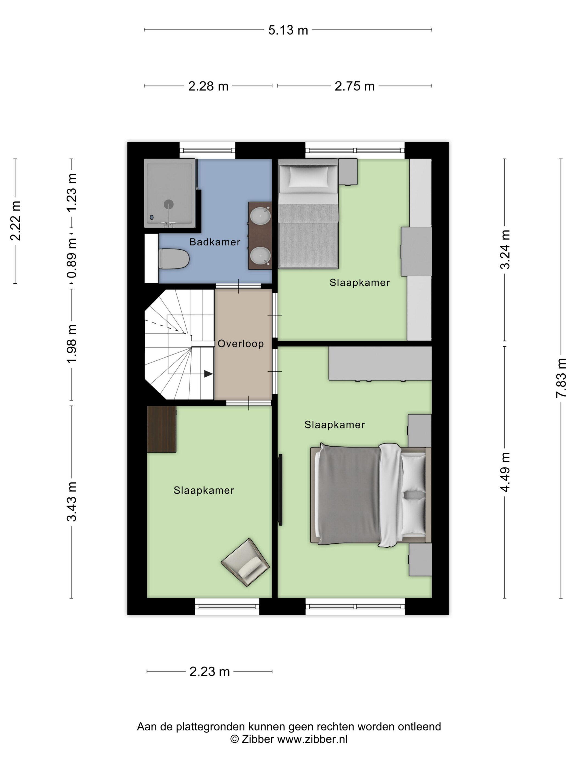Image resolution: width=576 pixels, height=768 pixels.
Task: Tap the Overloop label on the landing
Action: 241,344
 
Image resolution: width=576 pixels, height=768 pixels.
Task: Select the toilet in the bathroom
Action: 174,259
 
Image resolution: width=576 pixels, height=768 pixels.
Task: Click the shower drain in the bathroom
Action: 169,204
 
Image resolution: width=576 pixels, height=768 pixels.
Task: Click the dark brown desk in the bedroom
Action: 162,429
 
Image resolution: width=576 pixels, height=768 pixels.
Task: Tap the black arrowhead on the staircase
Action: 208,374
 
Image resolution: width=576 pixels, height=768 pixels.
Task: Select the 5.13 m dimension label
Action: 288,30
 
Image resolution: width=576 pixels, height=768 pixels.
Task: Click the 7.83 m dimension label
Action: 561,378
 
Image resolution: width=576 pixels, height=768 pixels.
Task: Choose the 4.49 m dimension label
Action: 505,472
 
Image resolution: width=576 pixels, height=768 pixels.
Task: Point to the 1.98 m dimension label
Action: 72,344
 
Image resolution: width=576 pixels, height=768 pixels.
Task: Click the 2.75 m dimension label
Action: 354,86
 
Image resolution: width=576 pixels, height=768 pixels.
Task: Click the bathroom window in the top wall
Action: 207,150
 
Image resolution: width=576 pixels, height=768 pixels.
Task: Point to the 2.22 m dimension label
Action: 16,221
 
